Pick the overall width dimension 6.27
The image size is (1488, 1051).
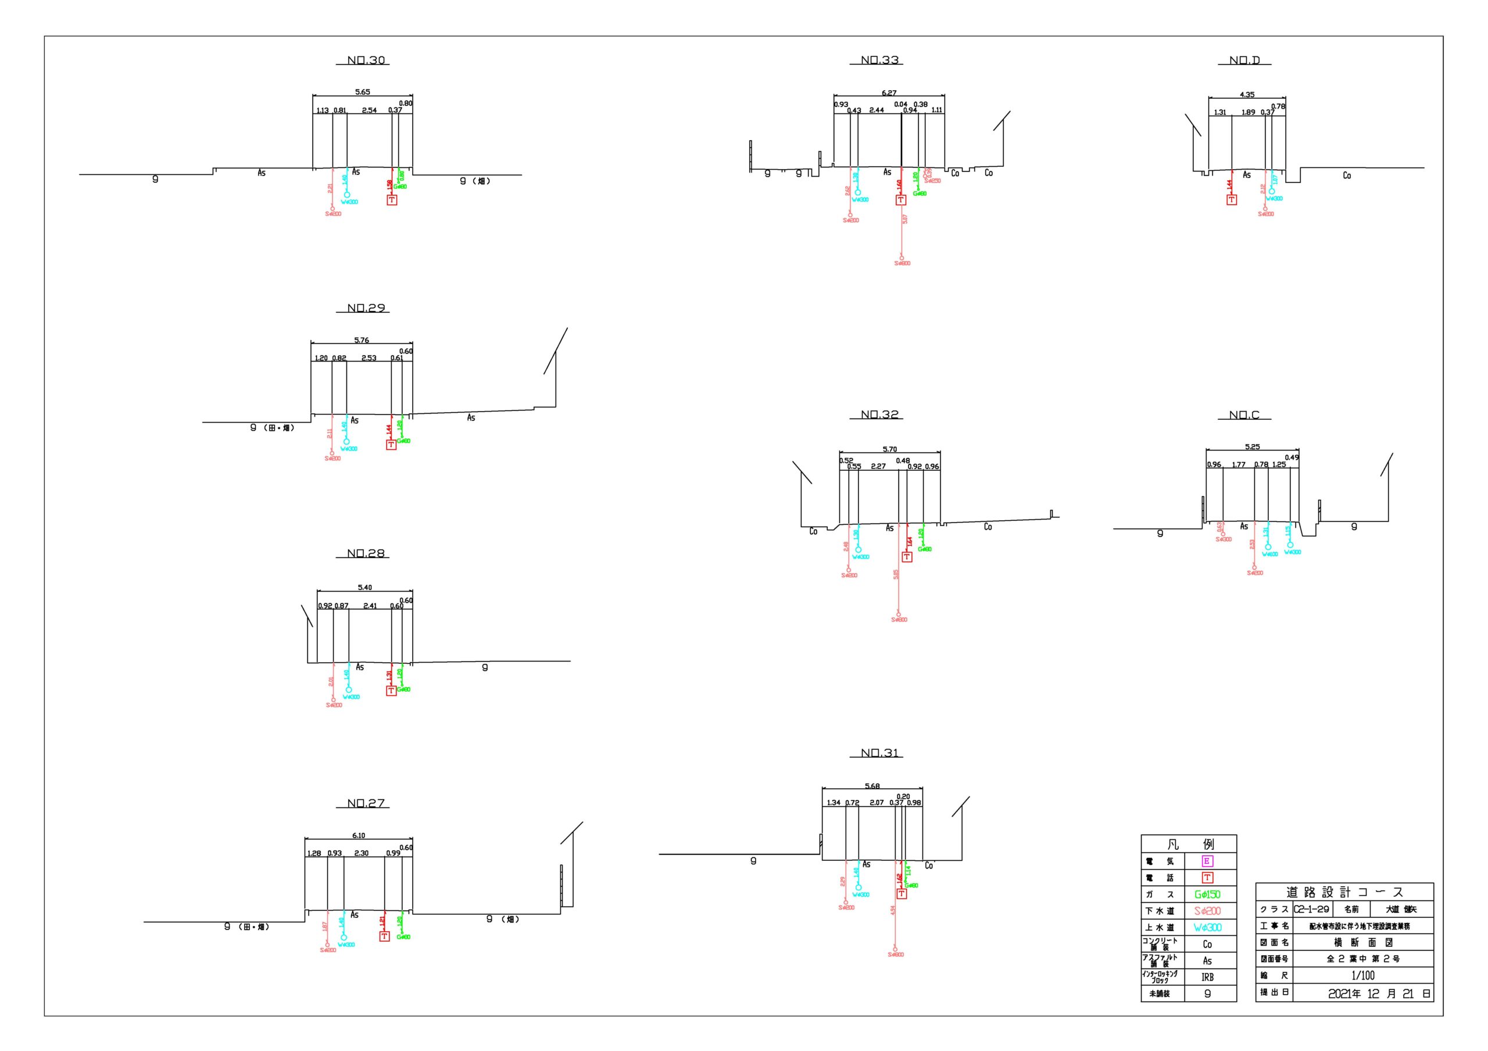click(889, 94)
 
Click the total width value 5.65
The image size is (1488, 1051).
click(362, 92)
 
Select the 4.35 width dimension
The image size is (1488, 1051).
click(1247, 95)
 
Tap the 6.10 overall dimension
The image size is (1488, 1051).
click(359, 835)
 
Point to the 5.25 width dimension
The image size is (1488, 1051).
click(1252, 446)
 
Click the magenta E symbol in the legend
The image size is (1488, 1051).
click(1207, 861)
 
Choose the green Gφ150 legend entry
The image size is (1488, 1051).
click(1207, 895)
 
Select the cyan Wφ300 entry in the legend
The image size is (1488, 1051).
click(1207, 927)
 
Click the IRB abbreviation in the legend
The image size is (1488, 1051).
click(1207, 977)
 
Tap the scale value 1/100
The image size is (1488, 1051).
click(1362, 975)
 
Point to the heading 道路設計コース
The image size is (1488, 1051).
click(1345, 892)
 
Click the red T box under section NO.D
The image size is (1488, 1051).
click(1231, 199)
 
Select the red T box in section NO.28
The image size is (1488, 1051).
click(391, 691)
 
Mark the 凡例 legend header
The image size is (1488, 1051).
click(1189, 844)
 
